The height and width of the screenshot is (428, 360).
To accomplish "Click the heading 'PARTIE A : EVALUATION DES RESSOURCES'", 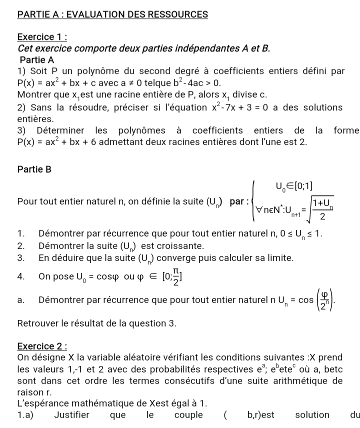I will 112,14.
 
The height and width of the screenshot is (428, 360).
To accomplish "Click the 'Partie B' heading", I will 34,169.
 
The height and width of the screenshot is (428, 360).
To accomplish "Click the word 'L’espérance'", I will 41,403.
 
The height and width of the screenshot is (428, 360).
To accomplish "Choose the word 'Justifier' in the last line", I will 72,415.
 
